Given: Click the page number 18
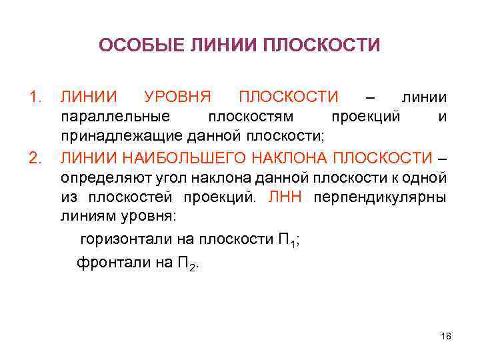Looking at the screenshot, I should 446,335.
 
